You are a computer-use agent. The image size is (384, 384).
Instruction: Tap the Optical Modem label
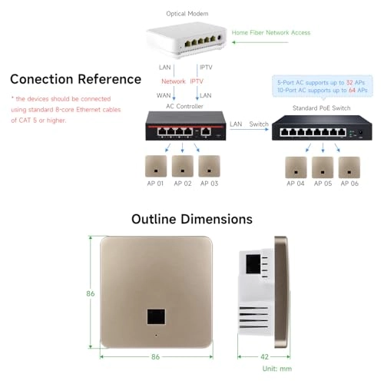coord(188,14)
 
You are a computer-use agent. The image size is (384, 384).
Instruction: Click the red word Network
coord(173,81)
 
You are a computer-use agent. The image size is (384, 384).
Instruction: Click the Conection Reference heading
coord(76,79)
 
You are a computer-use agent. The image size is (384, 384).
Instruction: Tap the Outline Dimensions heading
coord(191,220)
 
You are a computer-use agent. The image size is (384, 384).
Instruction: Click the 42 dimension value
coord(263,357)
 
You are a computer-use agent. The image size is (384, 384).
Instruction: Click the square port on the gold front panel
coord(157,316)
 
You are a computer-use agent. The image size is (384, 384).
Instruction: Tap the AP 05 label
coord(323,184)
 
